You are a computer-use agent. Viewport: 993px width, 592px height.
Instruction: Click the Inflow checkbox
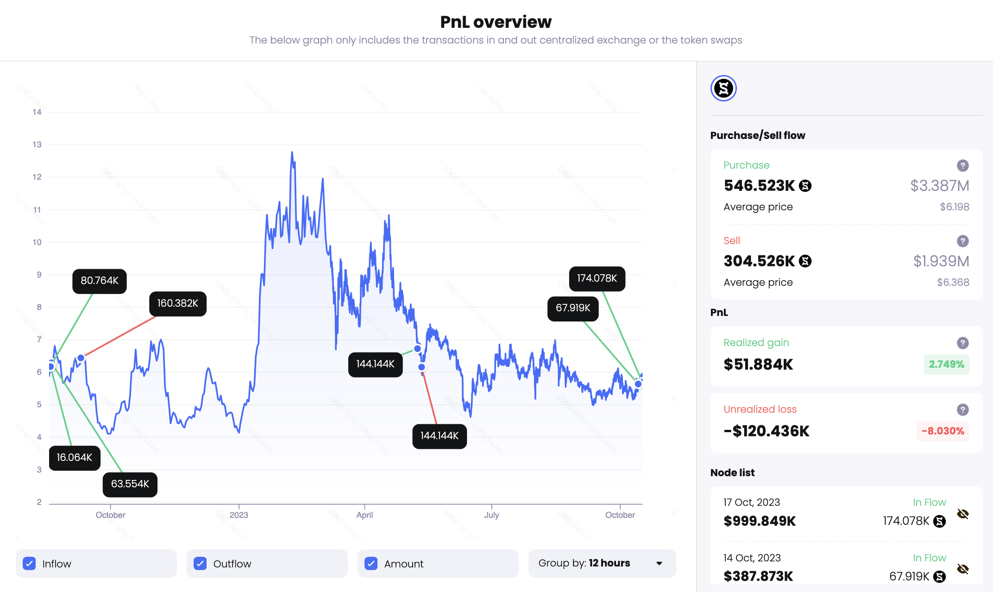tap(29, 563)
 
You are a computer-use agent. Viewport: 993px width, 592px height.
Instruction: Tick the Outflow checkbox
tap(200, 563)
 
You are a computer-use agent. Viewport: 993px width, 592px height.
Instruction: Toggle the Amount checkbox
tap(371, 563)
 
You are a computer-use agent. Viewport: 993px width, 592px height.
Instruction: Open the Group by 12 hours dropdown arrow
tap(659, 563)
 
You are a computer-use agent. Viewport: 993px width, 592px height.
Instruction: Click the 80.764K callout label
tap(100, 281)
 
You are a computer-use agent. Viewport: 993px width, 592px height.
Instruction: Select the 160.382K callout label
tap(178, 303)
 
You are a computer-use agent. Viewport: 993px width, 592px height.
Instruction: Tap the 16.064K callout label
tap(75, 458)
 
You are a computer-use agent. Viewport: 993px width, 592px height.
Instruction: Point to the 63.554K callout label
tap(130, 484)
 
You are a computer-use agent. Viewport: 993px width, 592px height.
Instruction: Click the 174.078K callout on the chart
tap(597, 278)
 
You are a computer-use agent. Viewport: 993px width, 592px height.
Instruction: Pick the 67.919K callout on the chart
tap(573, 308)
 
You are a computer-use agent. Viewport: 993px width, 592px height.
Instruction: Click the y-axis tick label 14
tap(37, 112)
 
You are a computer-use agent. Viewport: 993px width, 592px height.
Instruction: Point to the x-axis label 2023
tap(239, 515)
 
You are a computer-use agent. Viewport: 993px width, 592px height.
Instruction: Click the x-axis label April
tap(365, 515)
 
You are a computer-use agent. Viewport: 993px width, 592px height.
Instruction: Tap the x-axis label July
tap(491, 515)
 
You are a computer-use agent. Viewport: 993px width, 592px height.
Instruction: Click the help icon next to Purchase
tap(963, 165)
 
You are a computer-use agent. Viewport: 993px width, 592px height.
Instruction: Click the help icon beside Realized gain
tap(963, 343)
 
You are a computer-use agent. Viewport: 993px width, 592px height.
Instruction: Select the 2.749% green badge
tap(946, 364)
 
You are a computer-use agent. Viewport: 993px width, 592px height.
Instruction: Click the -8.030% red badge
tap(943, 431)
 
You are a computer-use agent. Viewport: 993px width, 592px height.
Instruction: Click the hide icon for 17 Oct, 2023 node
tap(963, 514)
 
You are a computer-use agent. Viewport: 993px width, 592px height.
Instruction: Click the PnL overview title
tap(496, 22)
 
